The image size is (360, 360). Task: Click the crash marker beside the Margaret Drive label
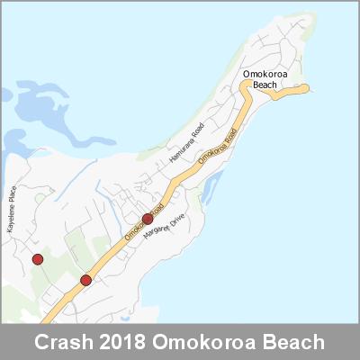[148, 219]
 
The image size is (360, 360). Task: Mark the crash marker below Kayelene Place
[38, 260]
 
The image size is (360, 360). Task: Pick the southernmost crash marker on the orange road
[85, 280]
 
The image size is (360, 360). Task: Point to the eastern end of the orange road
[306, 87]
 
